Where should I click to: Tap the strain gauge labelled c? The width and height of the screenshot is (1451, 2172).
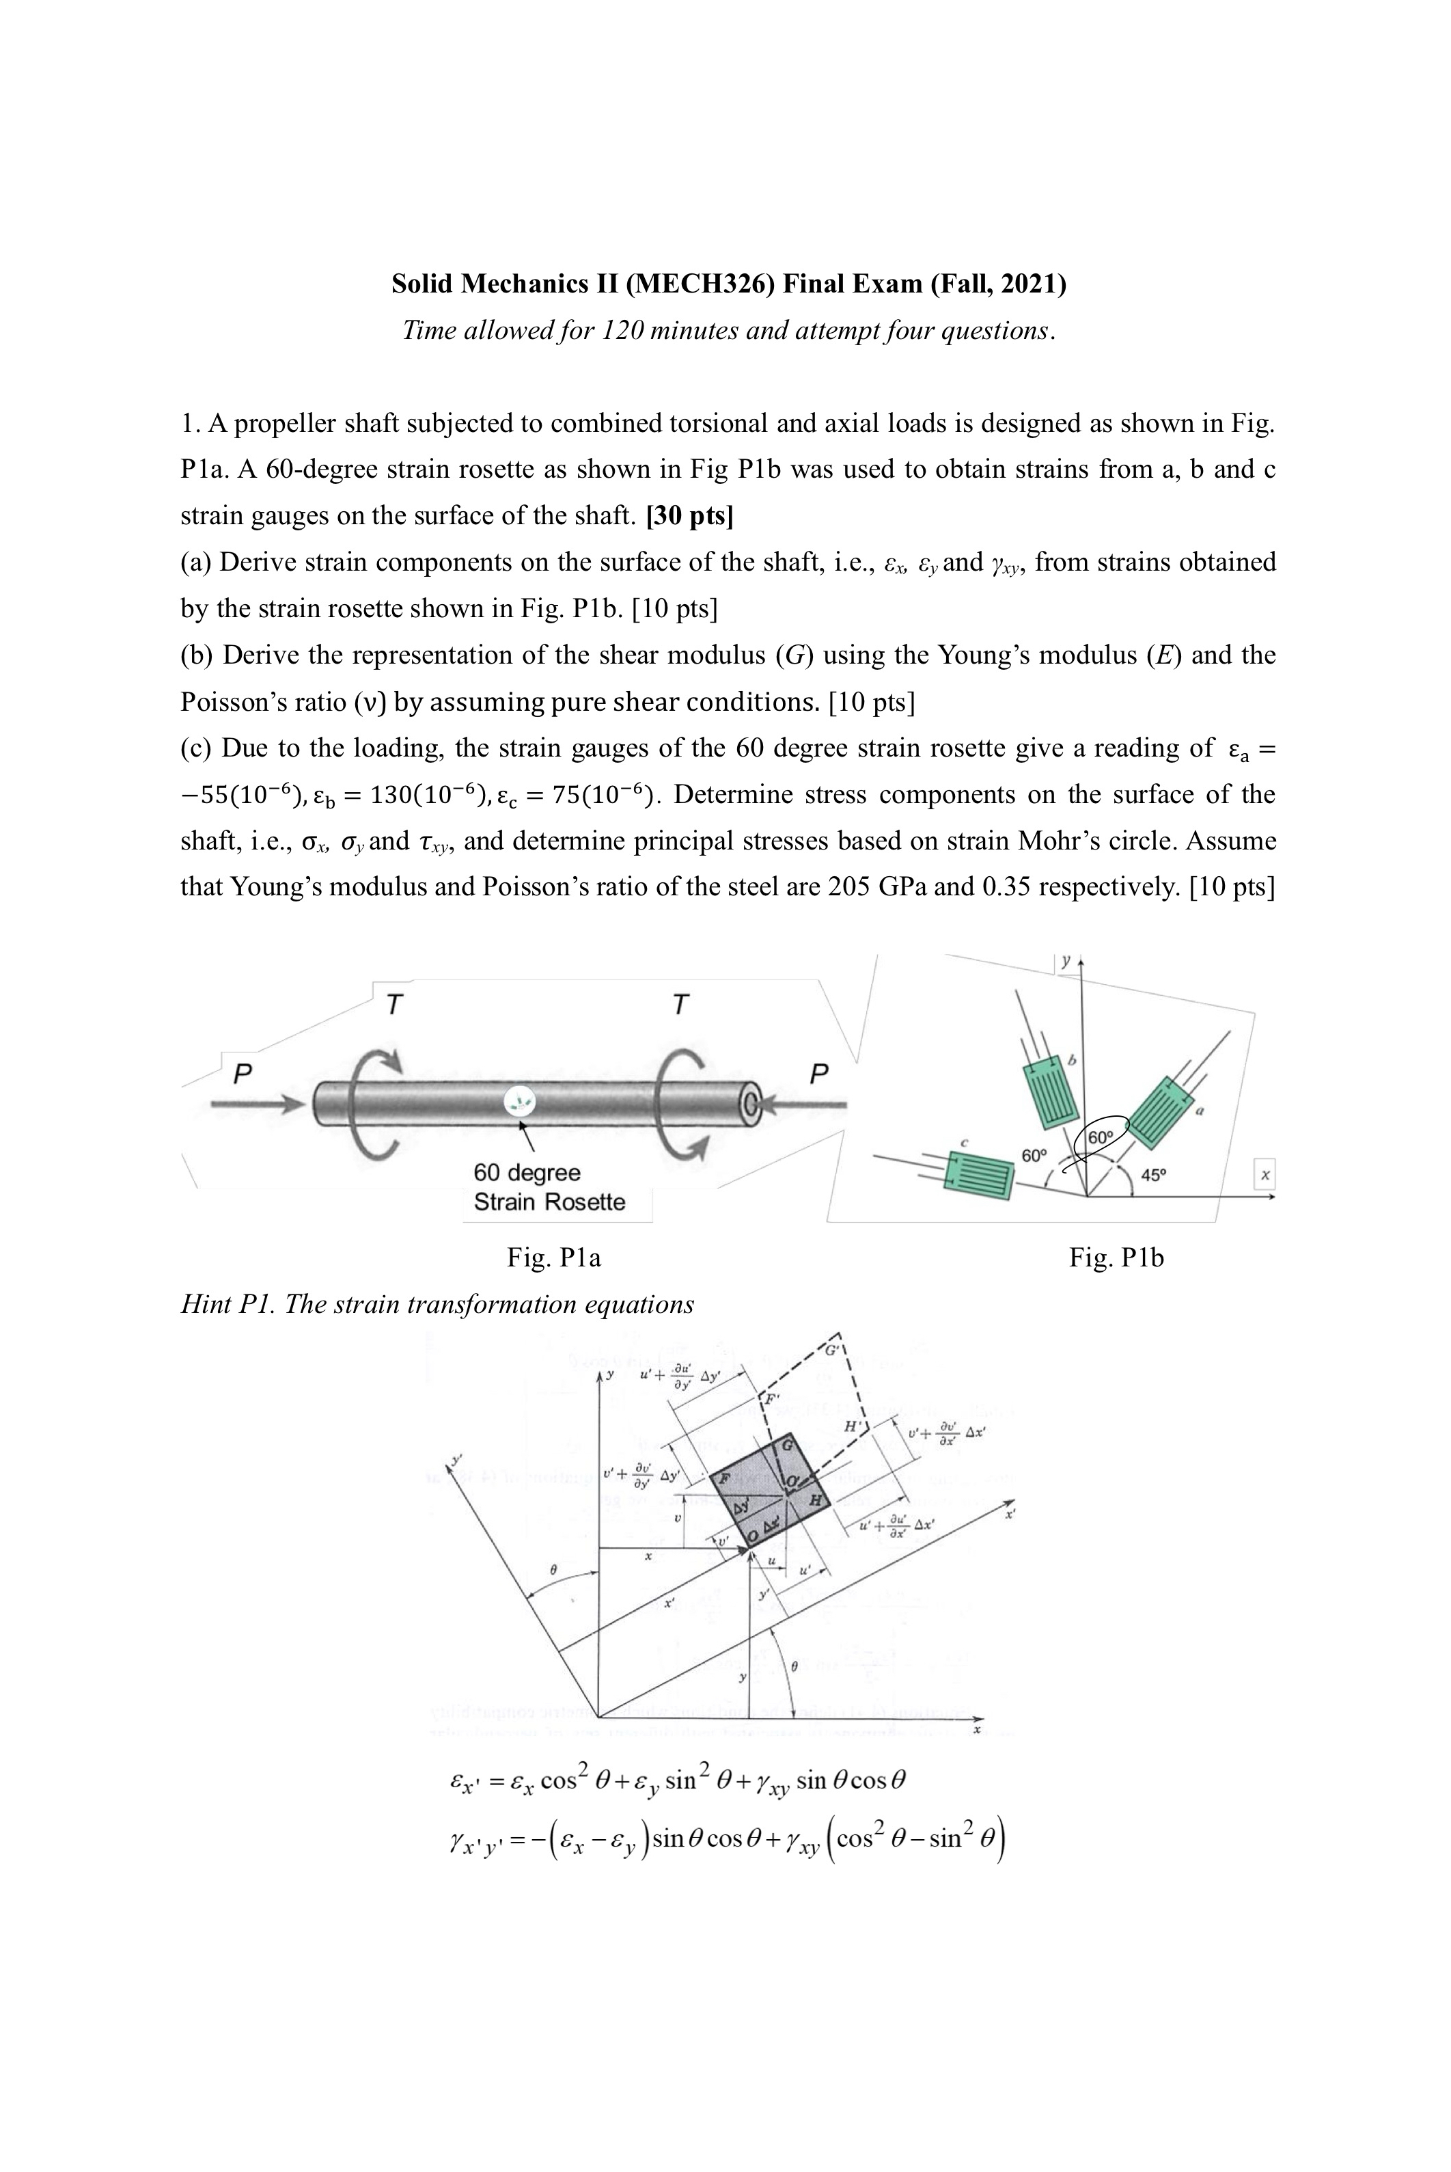(979, 1175)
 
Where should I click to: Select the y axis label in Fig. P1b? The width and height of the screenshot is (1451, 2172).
(1065, 962)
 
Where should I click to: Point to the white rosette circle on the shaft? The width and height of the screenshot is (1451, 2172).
(519, 1102)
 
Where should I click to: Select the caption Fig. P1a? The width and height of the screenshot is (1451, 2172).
(553, 1258)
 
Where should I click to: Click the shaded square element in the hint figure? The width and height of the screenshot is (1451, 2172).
(766, 1495)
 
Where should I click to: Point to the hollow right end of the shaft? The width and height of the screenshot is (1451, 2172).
(751, 1104)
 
